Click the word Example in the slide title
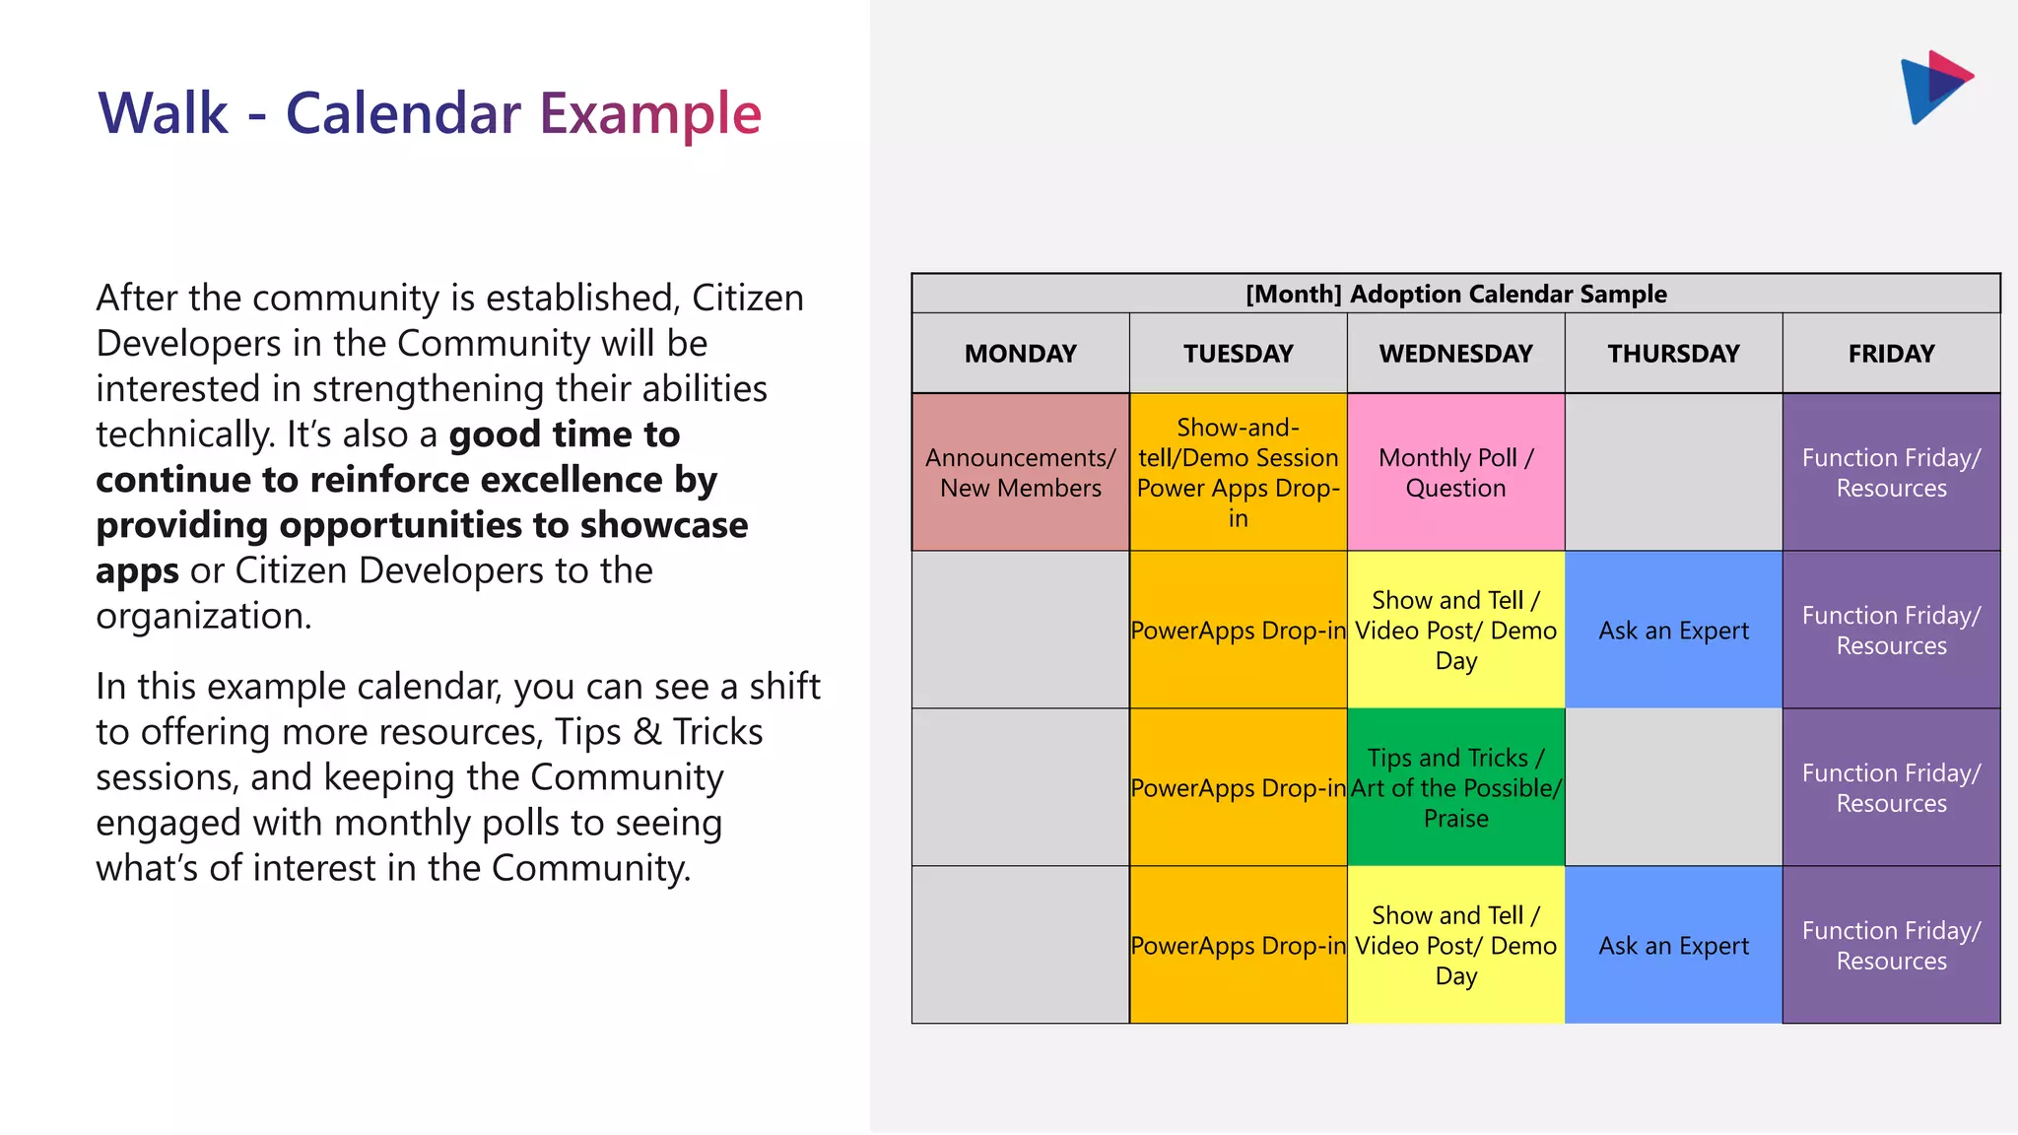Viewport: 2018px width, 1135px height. coord(650,114)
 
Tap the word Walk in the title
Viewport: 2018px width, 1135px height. coord(163,114)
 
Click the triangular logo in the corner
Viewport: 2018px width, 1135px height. coord(1933,87)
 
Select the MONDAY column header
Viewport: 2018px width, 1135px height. coord(1020,354)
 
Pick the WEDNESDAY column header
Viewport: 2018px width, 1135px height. coord(1455,354)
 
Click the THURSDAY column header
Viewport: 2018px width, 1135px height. coord(1673,354)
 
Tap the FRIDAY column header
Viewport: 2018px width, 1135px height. coord(1891,354)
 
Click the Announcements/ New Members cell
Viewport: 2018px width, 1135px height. coord(1020,473)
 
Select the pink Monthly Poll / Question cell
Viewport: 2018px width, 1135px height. coord(1455,473)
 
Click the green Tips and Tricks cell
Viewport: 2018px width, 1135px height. coord(1455,787)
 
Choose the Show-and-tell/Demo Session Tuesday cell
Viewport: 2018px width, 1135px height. coord(1238,473)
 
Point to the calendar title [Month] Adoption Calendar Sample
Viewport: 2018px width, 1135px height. coord(1455,294)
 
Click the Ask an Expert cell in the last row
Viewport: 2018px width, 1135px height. coord(1673,946)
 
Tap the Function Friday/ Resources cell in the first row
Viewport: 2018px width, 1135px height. coord(1891,473)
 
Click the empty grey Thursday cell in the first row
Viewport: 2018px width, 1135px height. coord(1673,473)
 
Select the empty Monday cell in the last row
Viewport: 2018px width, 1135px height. coord(1020,946)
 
